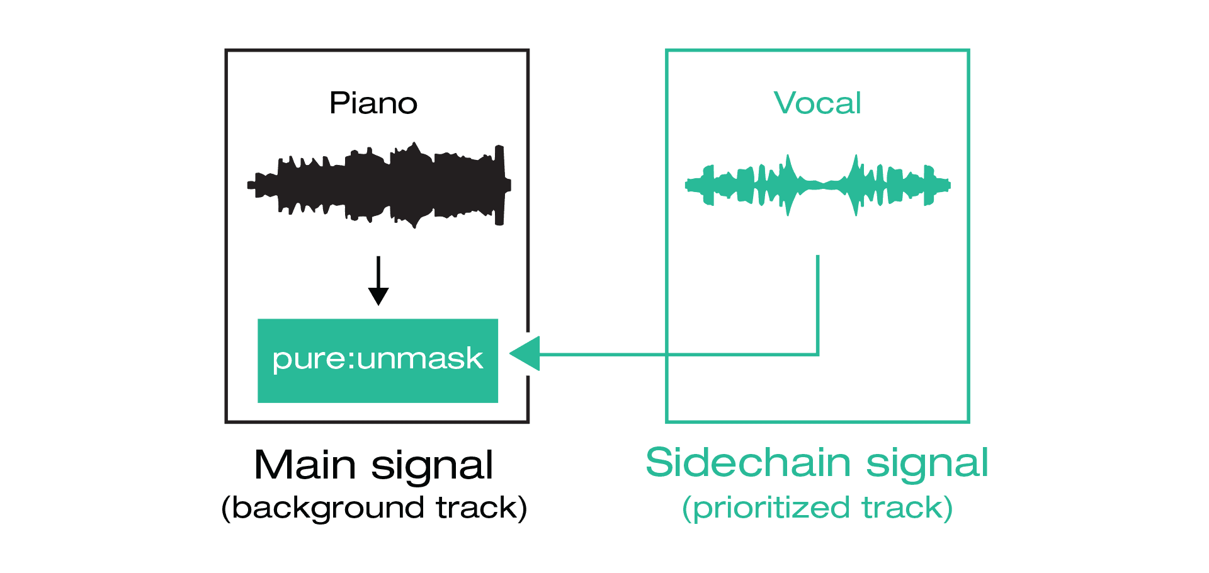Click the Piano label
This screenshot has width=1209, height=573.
(x=373, y=103)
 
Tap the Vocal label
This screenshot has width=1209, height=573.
(x=817, y=103)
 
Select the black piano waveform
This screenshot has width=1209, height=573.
(x=379, y=184)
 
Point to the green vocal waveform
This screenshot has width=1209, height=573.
(x=817, y=185)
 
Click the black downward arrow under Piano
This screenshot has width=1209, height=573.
(x=378, y=280)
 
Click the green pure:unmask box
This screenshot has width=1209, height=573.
(x=378, y=361)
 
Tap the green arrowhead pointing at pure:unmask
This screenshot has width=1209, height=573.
(x=525, y=354)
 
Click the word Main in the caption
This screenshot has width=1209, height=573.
(x=305, y=465)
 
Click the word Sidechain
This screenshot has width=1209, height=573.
(x=748, y=463)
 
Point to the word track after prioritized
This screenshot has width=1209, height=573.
(x=902, y=508)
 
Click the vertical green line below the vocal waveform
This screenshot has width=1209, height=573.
(x=817, y=305)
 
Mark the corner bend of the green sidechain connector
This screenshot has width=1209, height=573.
(x=817, y=355)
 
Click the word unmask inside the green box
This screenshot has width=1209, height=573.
(x=420, y=359)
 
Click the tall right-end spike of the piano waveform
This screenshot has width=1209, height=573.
(x=499, y=185)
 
